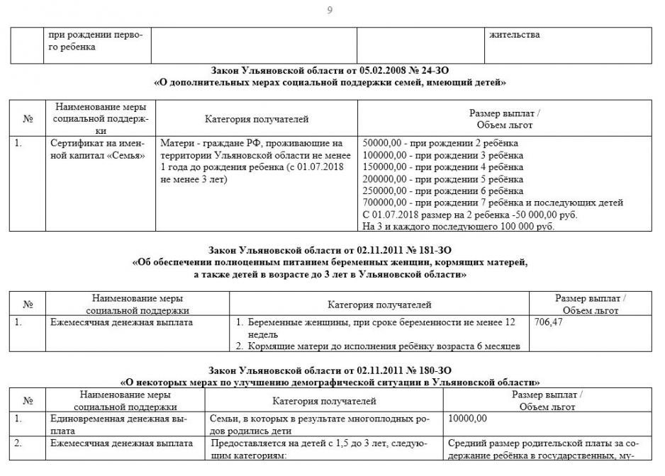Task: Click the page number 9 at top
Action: pos(330,10)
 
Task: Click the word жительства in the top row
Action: pos(514,34)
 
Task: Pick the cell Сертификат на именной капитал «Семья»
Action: pos(97,149)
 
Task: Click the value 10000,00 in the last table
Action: pos(468,419)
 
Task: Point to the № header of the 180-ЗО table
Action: pos(28,401)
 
